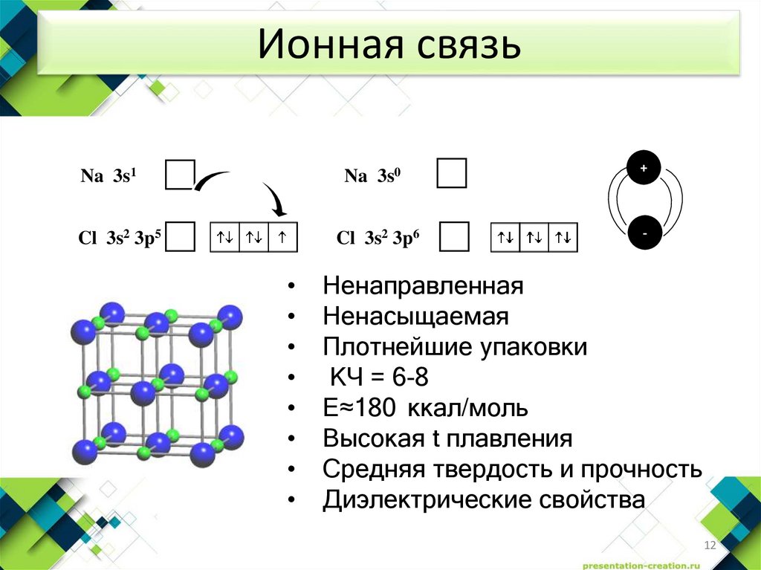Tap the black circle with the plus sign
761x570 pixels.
click(644, 169)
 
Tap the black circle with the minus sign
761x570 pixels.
click(644, 233)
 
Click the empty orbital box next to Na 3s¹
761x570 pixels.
click(179, 175)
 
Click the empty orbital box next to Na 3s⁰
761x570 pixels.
click(452, 173)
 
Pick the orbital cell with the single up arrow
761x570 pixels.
click(283, 238)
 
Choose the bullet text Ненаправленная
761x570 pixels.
click(424, 285)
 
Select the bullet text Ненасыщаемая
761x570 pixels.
click(415, 317)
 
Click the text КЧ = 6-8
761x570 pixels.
click(379, 378)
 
